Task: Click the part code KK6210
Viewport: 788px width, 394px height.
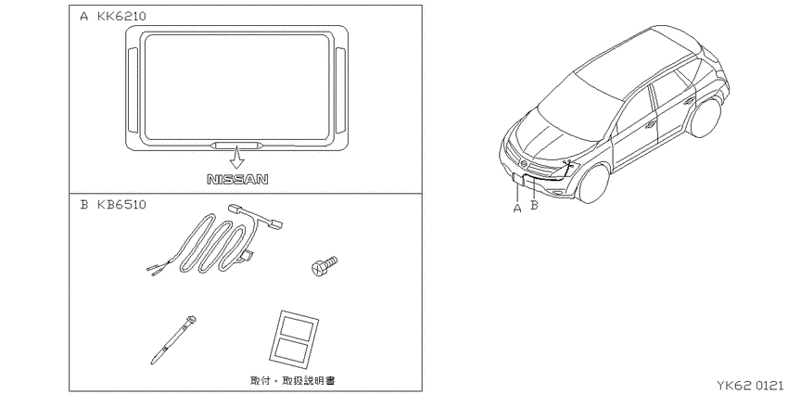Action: click(121, 16)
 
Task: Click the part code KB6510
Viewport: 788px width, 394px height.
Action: click(121, 205)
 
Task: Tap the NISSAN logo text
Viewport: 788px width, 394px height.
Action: click(237, 179)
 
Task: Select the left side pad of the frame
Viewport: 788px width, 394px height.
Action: click(133, 90)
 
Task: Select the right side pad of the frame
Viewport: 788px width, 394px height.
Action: click(340, 90)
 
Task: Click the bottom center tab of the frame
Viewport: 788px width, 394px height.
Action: click(236, 146)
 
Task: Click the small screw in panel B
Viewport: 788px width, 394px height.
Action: click(324, 266)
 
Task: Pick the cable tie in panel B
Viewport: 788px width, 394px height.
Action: click(172, 339)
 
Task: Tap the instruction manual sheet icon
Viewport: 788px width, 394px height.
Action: click(294, 337)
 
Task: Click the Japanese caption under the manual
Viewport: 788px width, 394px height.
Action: click(292, 380)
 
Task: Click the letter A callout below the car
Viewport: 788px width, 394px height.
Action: click(517, 207)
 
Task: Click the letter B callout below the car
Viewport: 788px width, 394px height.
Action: click(534, 206)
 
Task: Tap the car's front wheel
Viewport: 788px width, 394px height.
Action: click(594, 184)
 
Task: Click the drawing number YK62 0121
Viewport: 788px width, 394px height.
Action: click(749, 386)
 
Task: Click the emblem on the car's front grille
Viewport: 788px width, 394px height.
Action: click(525, 165)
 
